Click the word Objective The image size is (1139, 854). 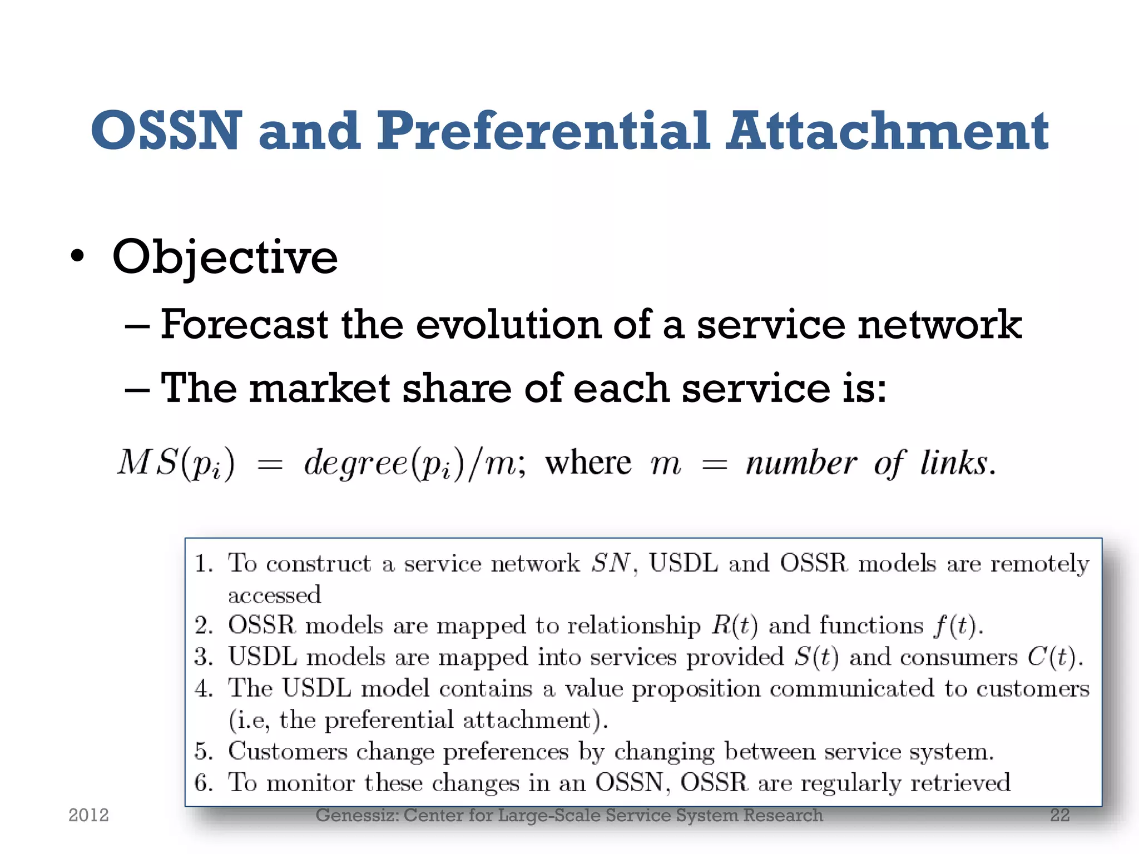click(x=225, y=257)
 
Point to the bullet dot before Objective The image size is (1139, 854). click(x=78, y=257)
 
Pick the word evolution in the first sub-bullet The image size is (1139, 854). click(x=508, y=324)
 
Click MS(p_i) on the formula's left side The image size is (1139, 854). click(x=176, y=463)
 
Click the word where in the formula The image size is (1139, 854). click(x=588, y=463)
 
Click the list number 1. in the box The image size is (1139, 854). click(x=204, y=564)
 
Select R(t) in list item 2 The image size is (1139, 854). click(x=735, y=626)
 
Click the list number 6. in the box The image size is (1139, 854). click(x=204, y=783)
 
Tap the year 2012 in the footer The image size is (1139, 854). click(x=88, y=815)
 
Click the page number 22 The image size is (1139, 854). click(x=1059, y=815)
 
